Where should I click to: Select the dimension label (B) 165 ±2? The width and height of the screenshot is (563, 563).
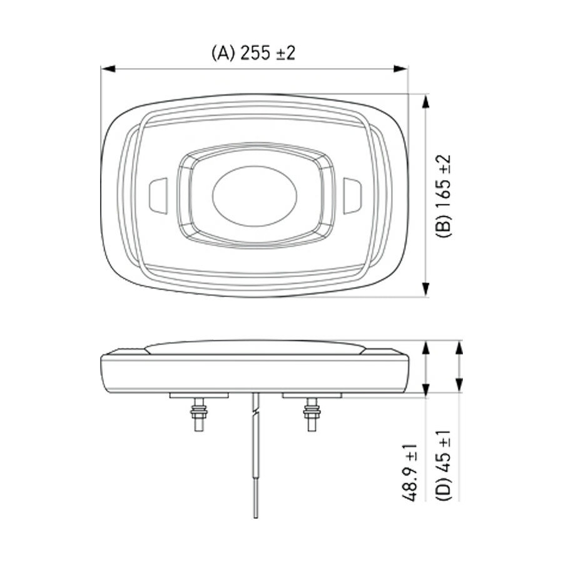[444, 196]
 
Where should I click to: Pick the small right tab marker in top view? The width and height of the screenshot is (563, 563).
[351, 195]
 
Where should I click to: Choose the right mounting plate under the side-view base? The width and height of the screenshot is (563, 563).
[311, 395]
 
